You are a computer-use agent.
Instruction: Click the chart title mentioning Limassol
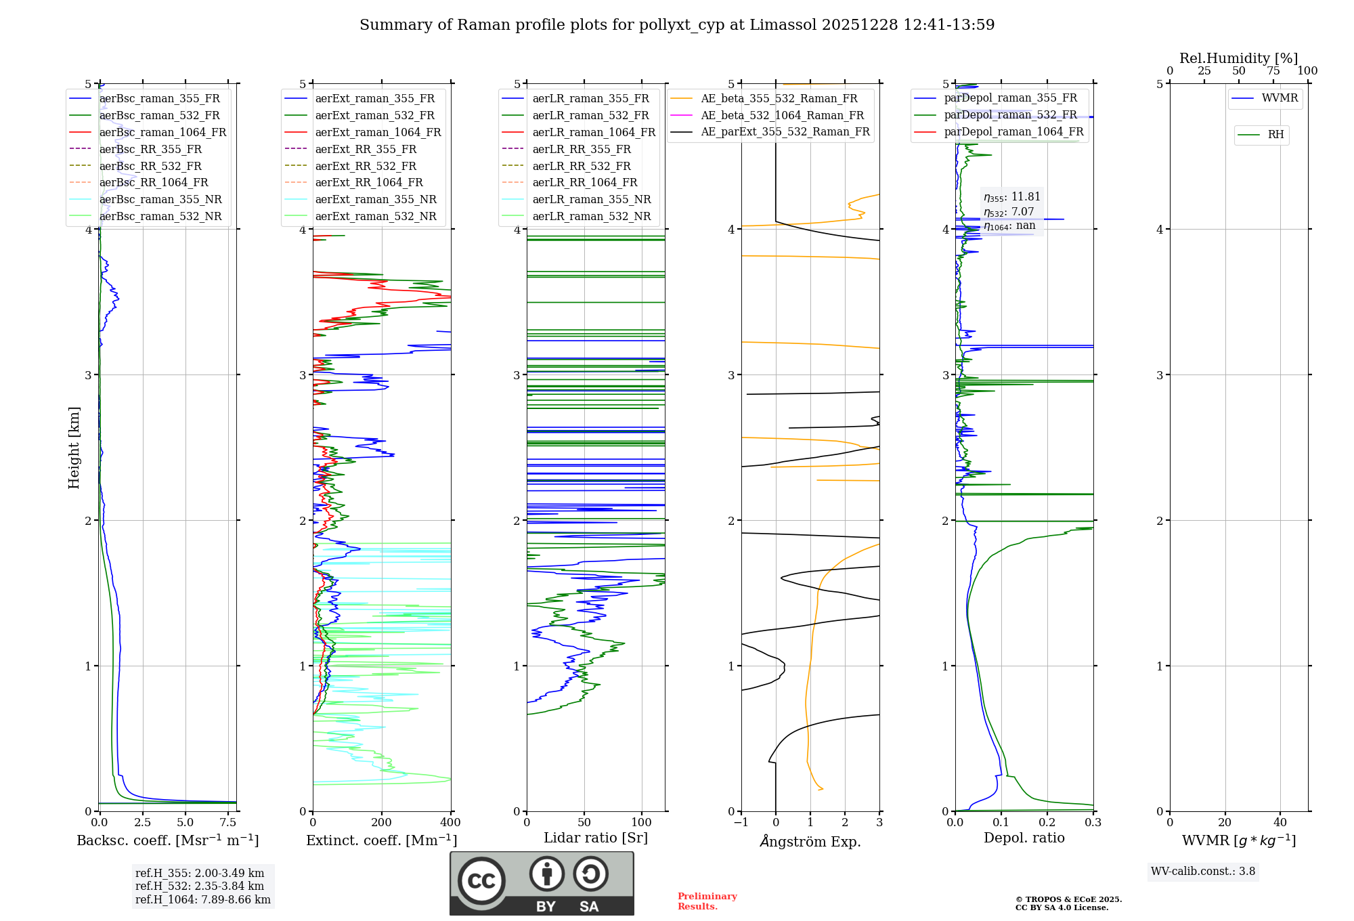677,25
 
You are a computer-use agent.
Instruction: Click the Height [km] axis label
74,448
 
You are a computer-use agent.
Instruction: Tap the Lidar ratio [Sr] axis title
596,838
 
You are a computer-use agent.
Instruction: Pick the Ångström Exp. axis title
810,841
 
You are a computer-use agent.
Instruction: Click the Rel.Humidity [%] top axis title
1238,58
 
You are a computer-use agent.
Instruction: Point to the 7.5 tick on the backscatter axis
228,823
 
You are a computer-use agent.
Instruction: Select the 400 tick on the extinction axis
451,823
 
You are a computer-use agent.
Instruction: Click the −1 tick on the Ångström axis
741,823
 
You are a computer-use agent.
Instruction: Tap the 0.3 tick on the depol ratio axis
1093,823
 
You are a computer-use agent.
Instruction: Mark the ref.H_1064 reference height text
202,900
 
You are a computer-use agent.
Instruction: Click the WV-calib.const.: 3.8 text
1203,872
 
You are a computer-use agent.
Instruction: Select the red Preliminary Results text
707,901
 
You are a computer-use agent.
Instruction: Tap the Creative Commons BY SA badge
542,884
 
